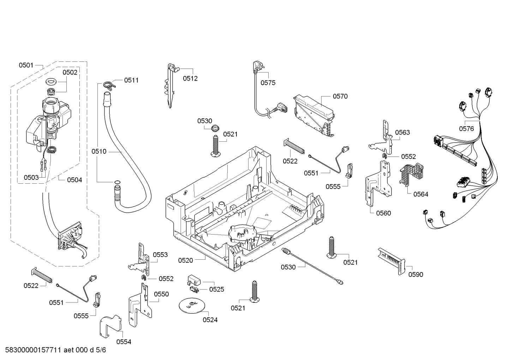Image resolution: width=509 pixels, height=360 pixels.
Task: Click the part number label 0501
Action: [26, 65]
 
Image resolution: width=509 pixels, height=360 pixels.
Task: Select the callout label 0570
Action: [340, 96]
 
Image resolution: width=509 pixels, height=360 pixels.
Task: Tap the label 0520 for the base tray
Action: [185, 260]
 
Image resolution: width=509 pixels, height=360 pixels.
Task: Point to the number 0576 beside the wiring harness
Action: [467, 129]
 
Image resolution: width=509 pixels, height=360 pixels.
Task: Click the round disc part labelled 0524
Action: [192, 305]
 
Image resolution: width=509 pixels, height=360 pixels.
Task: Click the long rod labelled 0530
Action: [312, 266]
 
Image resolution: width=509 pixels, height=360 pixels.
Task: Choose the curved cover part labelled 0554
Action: [111, 326]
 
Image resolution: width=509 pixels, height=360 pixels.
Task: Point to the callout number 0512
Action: [190, 78]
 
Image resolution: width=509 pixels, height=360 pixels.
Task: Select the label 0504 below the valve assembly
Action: [74, 180]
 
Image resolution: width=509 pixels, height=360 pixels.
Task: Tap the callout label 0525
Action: [216, 289]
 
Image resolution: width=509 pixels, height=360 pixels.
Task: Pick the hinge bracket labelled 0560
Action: [378, 184]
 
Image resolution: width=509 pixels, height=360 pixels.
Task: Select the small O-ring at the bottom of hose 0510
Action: [117, 182]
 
